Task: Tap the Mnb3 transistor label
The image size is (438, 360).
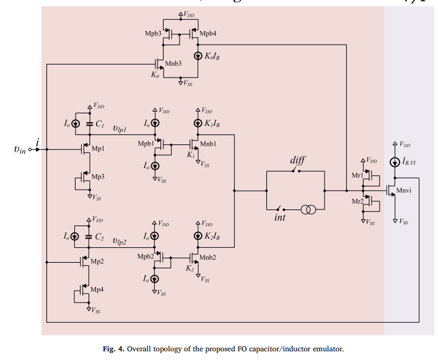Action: tap(175, 63)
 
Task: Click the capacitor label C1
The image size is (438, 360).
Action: tap(99, 124)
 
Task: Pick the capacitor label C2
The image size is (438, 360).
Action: tap(99, 236)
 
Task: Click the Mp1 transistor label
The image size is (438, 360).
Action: tap(98, 149)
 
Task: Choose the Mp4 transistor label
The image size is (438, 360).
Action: tap(98, 289)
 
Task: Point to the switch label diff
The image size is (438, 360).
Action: tap(297, 160)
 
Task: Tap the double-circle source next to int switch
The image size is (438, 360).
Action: tap(308, 209)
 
